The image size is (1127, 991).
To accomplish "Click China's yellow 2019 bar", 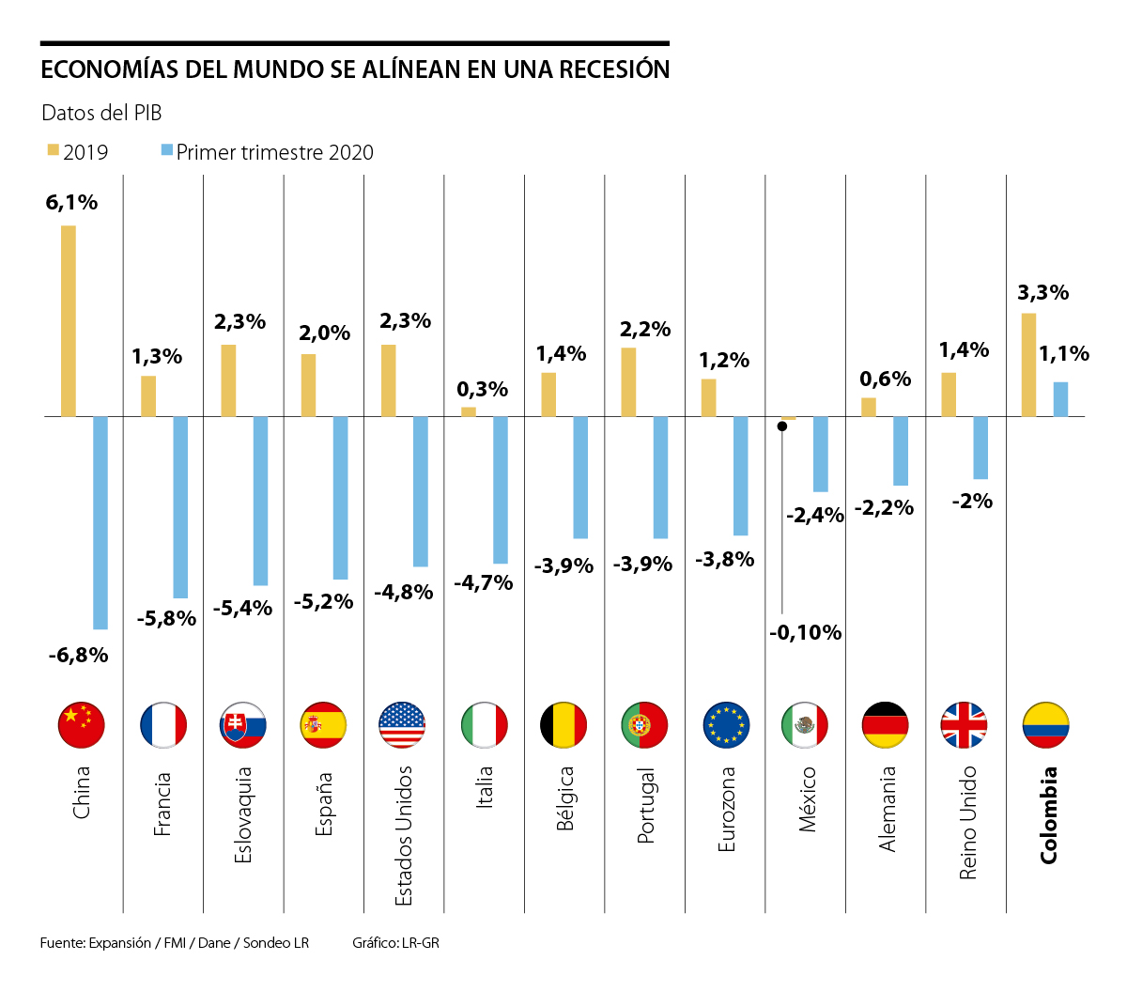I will point(69,320).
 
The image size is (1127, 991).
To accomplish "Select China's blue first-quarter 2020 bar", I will point(100,522).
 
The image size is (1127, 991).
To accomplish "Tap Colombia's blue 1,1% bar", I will point(1060,399).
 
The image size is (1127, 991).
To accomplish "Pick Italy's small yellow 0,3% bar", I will point(469,411).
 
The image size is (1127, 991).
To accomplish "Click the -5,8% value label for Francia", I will point(166,618).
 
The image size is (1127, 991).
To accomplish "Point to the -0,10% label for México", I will point(805,632).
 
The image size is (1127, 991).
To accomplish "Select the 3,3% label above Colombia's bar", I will point(1042,292).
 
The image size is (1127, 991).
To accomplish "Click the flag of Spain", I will point(323,725).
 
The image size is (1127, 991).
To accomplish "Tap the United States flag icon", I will point(402,725).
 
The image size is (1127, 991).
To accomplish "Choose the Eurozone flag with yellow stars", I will point(726,725).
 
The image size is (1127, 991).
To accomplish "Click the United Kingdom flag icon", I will point(964,725).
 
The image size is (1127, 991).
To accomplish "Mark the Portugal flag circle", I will point(644,725).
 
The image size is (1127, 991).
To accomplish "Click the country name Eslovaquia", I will point(243,814).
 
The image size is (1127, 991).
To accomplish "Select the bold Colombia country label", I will point(1048,814).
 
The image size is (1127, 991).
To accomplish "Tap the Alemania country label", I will point(887,809).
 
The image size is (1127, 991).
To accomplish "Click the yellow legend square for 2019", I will point(54,150).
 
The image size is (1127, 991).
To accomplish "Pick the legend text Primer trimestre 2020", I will point(274,152).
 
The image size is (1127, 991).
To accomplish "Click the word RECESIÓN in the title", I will point(614,70).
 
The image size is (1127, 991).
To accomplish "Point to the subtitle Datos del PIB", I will point(101,113).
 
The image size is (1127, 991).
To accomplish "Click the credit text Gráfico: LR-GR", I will point(395,942).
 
